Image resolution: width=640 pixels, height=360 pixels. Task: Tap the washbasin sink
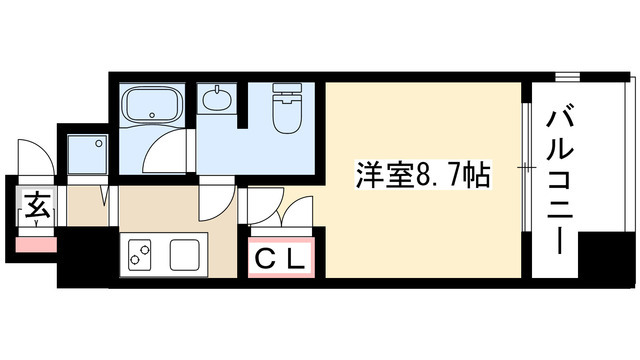click(215, 99)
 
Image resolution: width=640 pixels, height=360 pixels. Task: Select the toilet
click(287, 108)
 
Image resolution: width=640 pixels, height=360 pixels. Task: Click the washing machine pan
click(87, 154)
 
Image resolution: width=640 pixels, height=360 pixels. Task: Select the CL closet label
click(282, 257)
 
